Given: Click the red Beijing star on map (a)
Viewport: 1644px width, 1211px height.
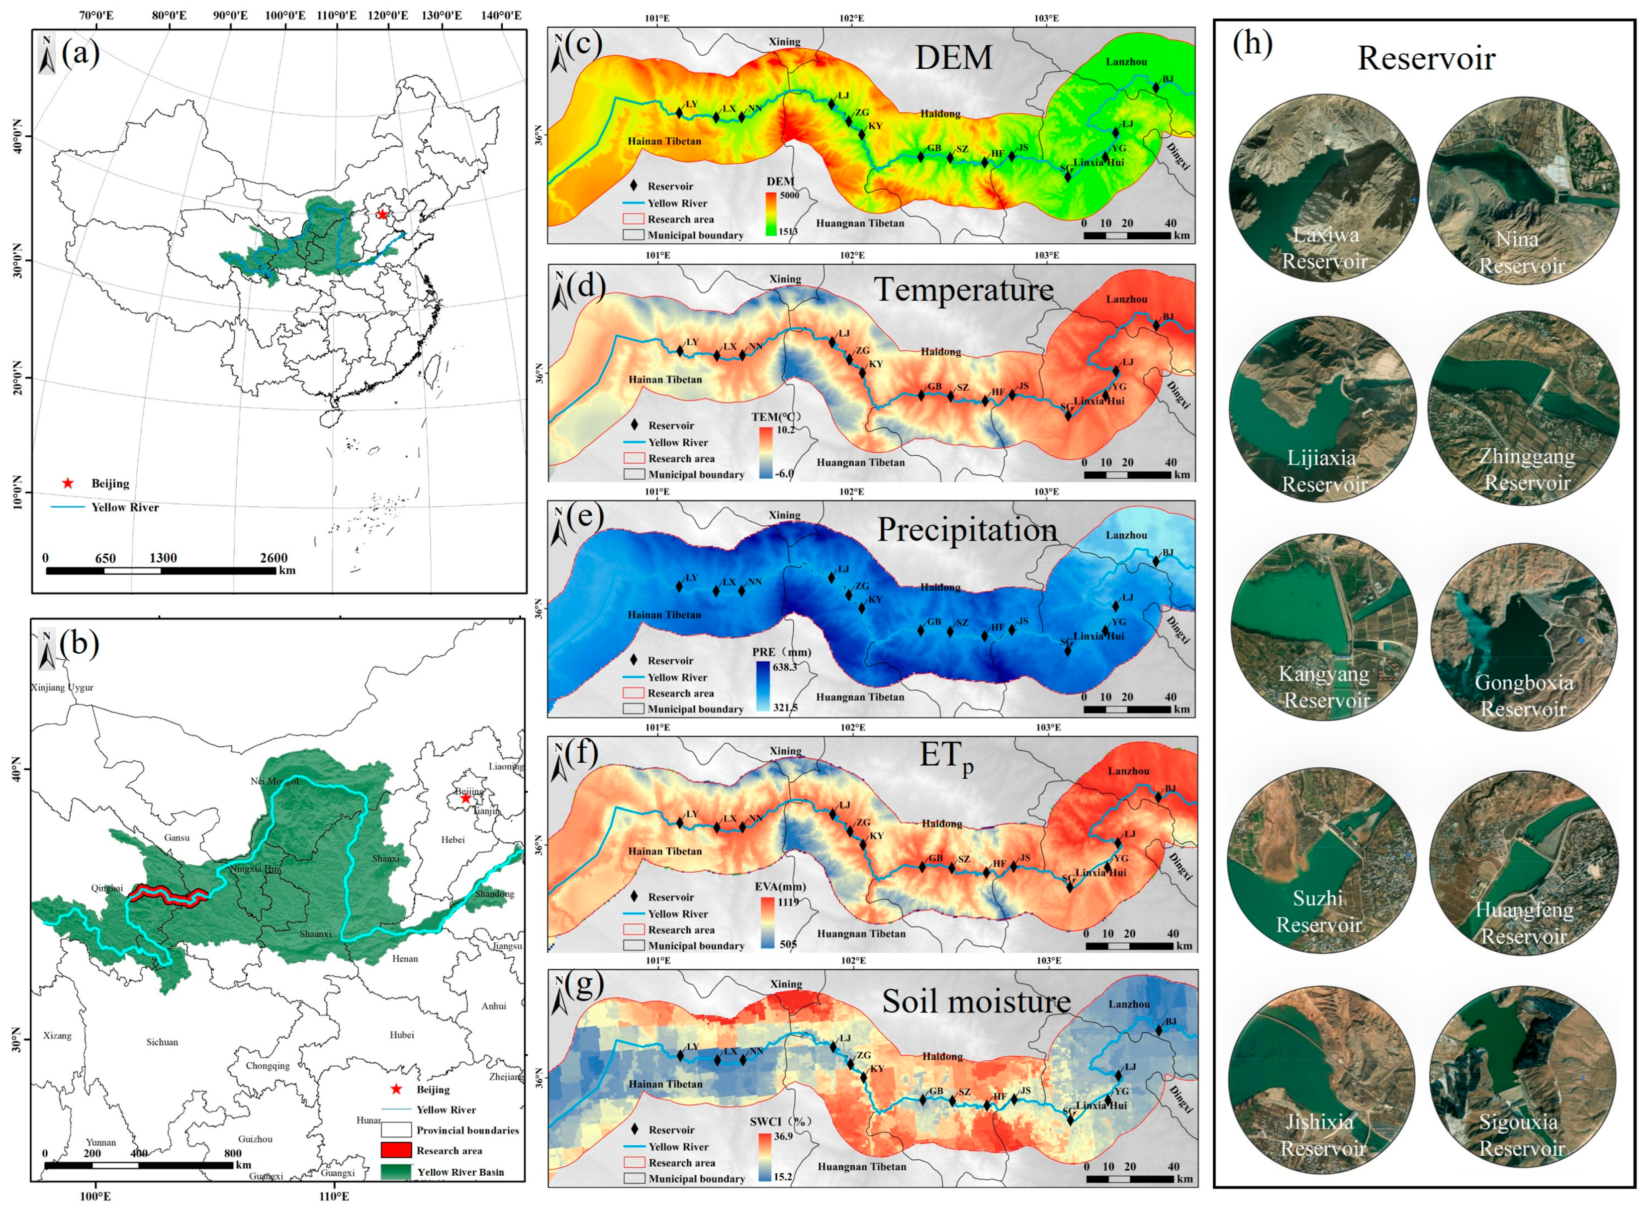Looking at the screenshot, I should [x=382, y=214].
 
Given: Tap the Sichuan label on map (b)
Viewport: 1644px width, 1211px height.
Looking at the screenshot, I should [x=162, y=1042].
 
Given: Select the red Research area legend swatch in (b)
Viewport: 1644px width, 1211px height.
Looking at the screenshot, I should [x=396, y=1150].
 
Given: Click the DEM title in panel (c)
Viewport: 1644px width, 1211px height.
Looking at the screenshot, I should [x=953, y=57].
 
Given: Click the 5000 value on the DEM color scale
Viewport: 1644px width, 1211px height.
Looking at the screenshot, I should [x=789, y=196].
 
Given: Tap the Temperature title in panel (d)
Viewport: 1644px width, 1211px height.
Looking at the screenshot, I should [x=963, y=290].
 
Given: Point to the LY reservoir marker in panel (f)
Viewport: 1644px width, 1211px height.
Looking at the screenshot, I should [x=680, y=823].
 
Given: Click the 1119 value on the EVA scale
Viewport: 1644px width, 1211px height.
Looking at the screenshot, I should [x=788, y=902].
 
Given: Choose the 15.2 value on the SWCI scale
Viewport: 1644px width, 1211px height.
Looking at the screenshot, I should [x=783, y=1177].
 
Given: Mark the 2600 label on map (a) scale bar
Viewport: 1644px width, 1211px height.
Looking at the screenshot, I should [x=274, y=558].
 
